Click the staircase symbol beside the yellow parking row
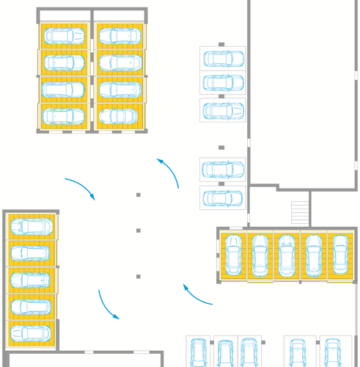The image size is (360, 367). pos(301,211)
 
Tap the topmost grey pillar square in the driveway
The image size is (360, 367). pos(138,195)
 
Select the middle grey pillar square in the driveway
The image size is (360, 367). pos(138,230)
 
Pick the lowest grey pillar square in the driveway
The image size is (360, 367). pos(138,276)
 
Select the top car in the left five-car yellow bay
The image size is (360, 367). pos(31,227)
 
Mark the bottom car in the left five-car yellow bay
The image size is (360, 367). pos(31,332)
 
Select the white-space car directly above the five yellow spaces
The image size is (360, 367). pos(221,198)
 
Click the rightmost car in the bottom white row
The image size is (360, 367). pos(334,352)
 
